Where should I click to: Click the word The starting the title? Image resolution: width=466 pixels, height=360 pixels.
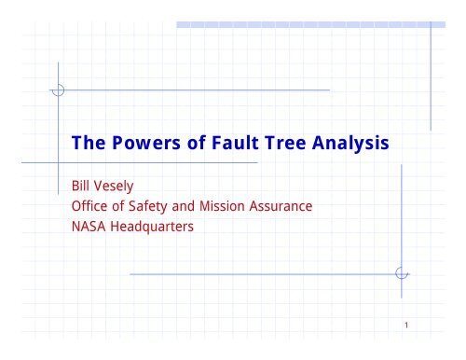click(90, 145)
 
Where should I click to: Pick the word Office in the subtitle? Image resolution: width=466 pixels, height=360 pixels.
click(92, 208)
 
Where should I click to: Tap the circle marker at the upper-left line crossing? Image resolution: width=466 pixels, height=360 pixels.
click(58, 90)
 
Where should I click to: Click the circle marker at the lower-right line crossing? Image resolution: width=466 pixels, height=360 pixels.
click(402, 273)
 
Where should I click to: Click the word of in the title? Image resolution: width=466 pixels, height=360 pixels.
click(185, 145)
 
